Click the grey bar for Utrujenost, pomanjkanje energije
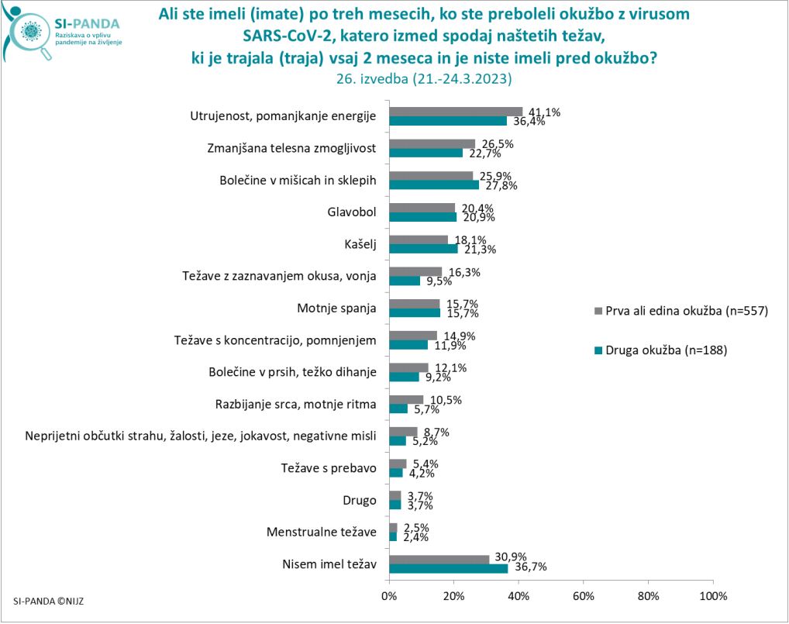pos(456,112)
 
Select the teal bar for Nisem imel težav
pos(448,568)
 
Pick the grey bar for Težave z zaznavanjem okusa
pos(415,272)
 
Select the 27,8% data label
pos(500,185)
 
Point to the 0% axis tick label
pos(389,596)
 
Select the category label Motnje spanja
pos(336,308)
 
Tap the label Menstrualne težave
pos(321,532)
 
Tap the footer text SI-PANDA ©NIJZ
pos(49,600)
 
